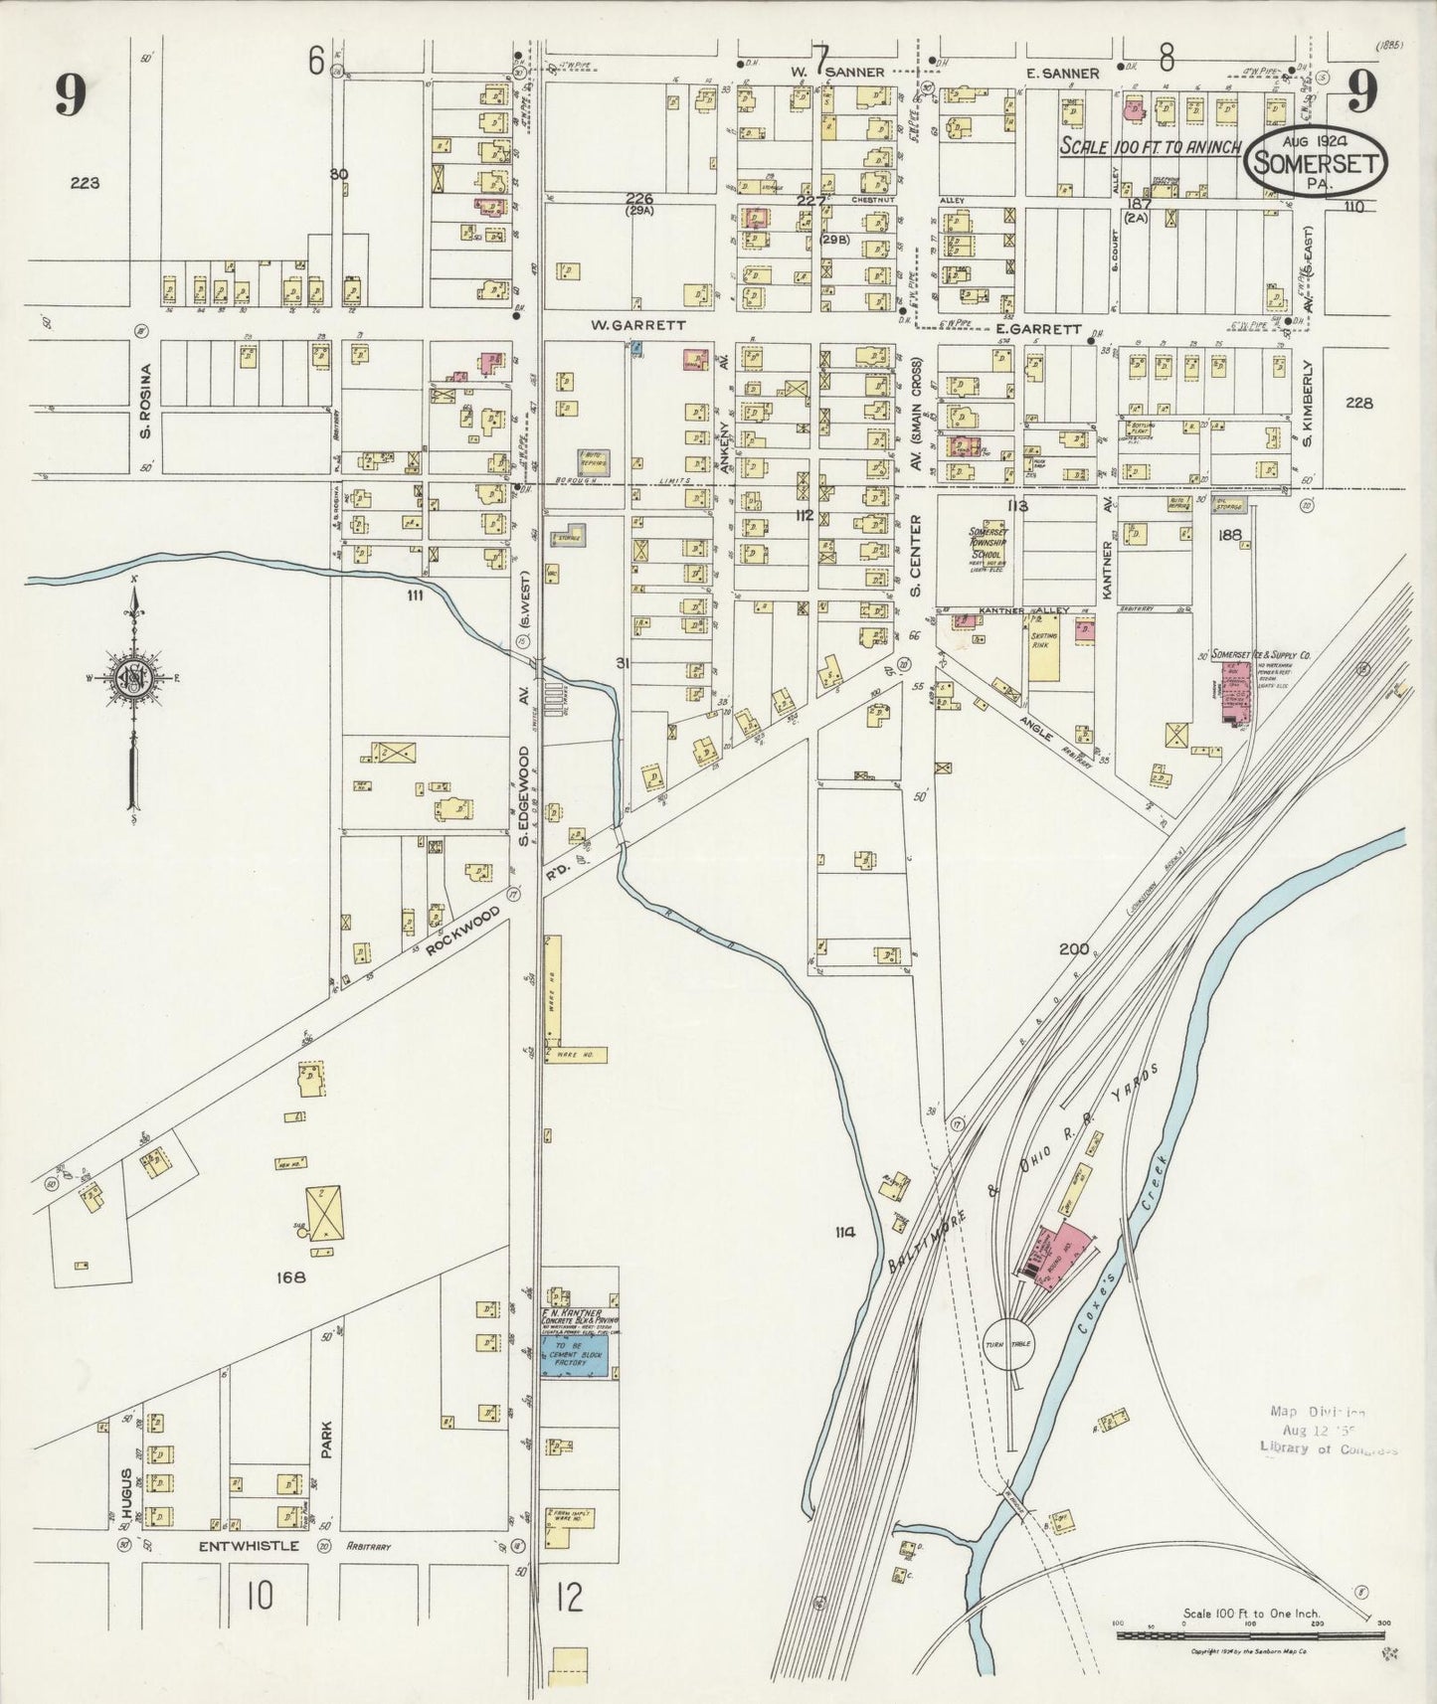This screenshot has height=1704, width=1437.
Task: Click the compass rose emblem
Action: (131, 678)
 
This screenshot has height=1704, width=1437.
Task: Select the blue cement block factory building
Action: (575, 1356)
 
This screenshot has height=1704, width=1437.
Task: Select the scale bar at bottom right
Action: (1251, 1634)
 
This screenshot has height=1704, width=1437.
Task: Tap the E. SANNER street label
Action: (1065, 74)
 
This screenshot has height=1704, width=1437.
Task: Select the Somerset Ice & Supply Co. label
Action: (1261, 657)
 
